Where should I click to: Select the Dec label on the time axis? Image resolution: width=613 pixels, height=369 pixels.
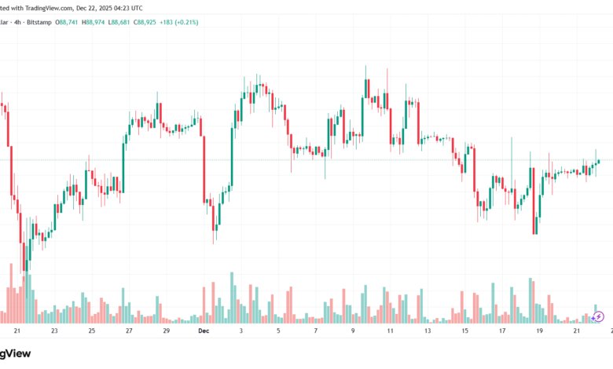point(203,332)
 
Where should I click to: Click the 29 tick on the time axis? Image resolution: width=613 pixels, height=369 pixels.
point(166,332)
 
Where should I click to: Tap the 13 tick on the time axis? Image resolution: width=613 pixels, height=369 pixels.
point(427,332)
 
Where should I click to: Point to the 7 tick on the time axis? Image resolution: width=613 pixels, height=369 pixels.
point(316,332)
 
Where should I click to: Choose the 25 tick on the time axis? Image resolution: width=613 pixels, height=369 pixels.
point(91,332)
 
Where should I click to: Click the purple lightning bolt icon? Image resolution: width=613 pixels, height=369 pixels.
point(599,316)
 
